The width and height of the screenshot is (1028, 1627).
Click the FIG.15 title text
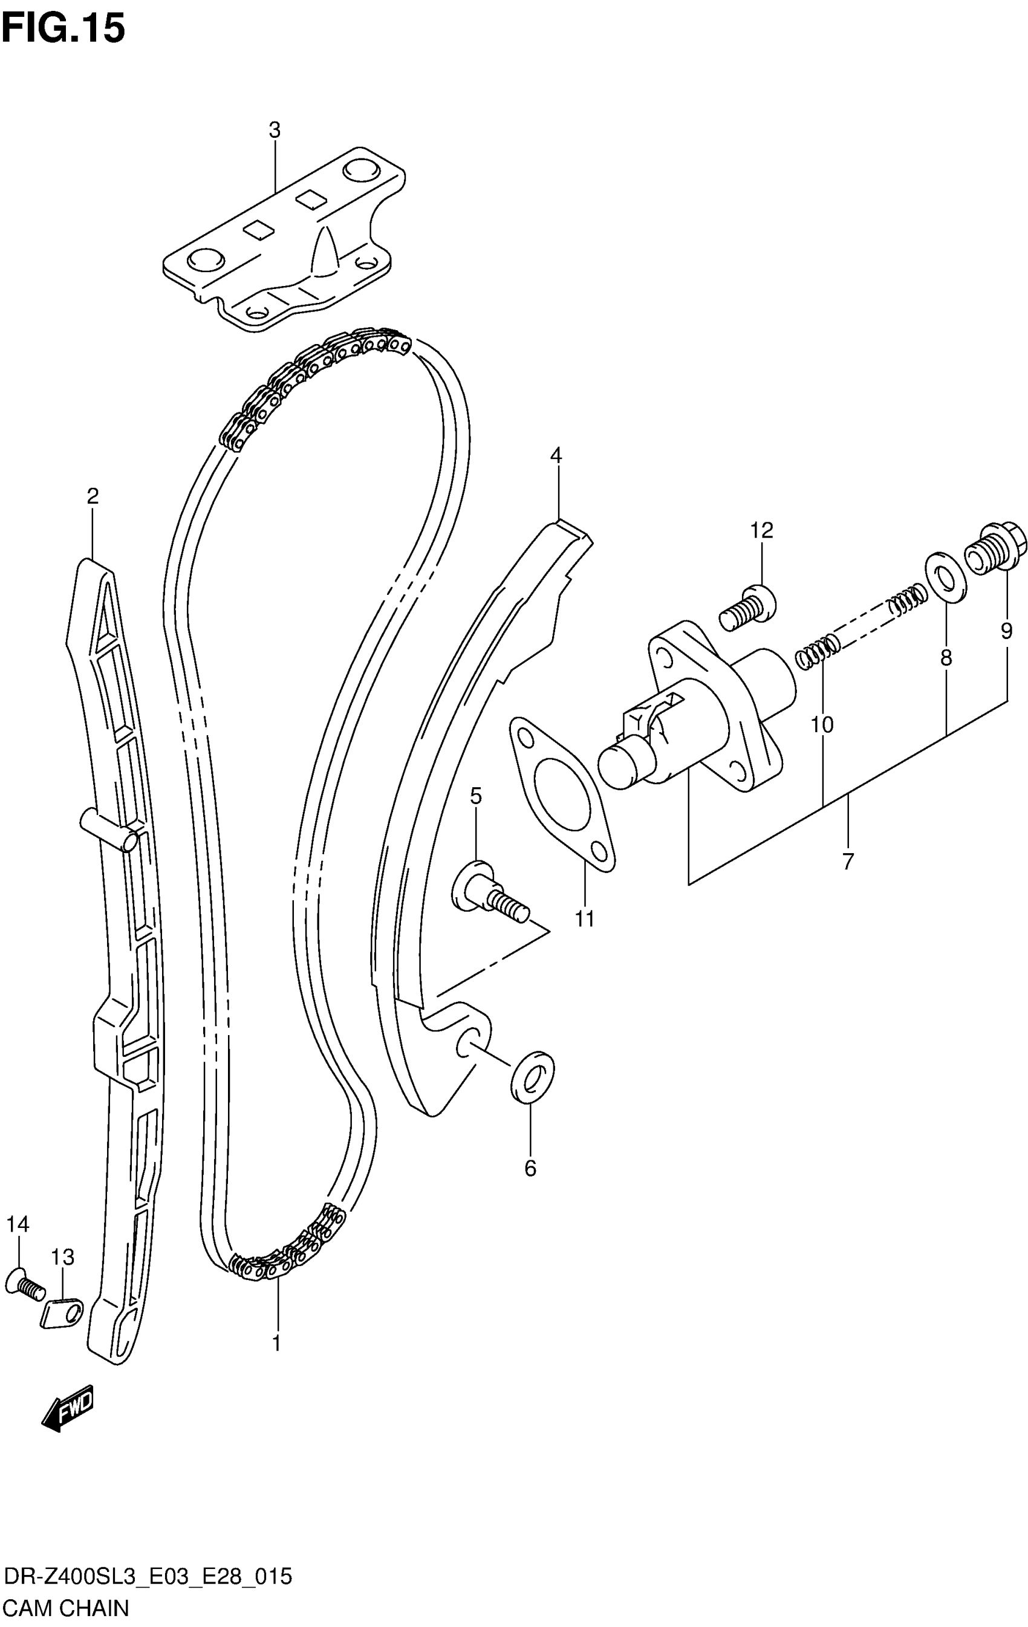pyautogui.click(x=63, y=28)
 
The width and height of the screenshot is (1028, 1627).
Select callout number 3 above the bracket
pyautogui.click(x=274, y=131)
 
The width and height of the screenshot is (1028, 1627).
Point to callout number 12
pyautogui.click(x=761, y=530)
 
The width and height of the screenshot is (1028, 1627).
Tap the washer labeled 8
pyautogui.click(x=944, y=577)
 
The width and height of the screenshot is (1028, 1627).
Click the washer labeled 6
pyautogui.click(x=532, y=1076)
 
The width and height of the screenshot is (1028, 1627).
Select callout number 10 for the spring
pyautogui.click(x=822, y=725)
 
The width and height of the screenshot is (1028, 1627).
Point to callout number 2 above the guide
pyautogui.click(x=93, y=496)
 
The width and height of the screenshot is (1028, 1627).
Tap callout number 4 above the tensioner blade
pyautogui.click(x=555, y=455)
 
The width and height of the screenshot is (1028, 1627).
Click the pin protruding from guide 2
pyautogui.click(x=109, y=829)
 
